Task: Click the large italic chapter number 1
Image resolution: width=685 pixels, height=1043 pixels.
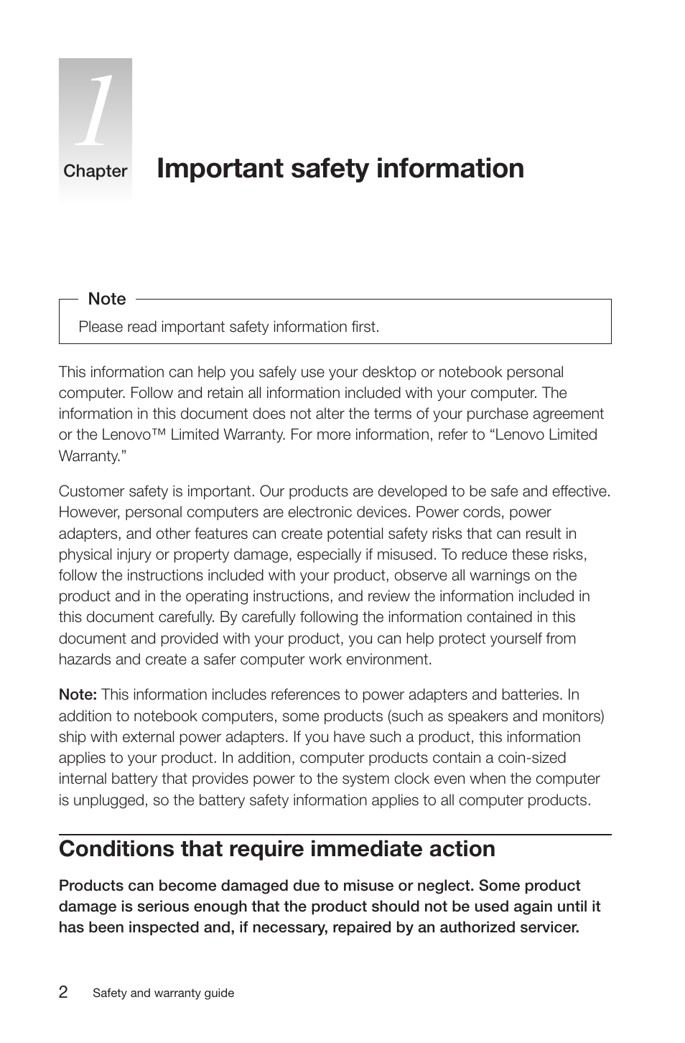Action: point(95,111)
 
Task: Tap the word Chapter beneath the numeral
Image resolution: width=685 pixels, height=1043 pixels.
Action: point(95,171)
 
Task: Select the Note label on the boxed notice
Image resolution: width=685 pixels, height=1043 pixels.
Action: point(106,299)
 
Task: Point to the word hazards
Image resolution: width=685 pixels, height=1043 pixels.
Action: point(85,659)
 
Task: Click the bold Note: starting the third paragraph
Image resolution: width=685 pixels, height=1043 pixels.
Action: point(78,695)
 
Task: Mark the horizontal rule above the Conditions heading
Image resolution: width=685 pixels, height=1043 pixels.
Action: point(335,835)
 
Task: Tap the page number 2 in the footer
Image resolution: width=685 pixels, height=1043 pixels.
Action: point(64,993)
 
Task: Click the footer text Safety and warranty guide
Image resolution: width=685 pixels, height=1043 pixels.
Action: point(163,993)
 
